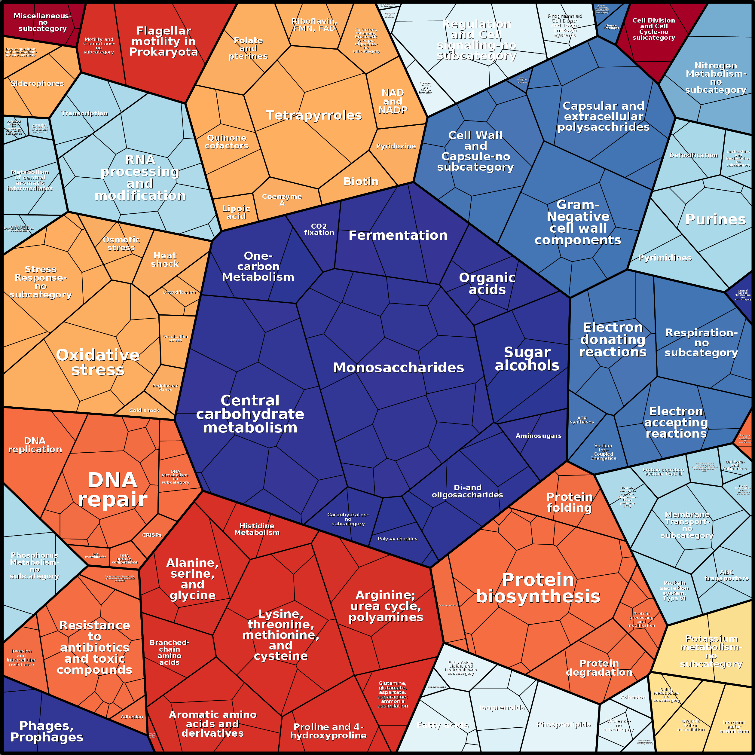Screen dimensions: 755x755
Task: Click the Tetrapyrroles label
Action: (313, 115)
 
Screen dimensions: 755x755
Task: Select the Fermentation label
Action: (398, 235)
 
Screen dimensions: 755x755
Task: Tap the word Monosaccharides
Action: (398, 367)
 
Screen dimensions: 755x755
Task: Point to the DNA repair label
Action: (112, 490)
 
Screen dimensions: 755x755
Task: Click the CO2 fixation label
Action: (319, 229)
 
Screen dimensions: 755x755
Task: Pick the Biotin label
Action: (361, 181)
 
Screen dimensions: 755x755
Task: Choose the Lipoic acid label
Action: (236, 212)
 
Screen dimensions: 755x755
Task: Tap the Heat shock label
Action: (165, 259)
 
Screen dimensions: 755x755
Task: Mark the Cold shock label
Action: (144, 410)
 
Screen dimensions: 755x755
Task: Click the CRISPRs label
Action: (151, 535)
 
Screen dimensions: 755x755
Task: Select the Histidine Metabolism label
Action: (257, 529)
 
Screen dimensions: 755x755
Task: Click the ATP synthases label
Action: (582, 420)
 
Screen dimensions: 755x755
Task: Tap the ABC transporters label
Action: (726, 575)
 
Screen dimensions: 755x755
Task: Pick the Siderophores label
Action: (37, 83)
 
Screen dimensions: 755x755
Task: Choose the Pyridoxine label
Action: (396, 146)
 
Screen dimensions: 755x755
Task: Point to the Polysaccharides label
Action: (397, 539)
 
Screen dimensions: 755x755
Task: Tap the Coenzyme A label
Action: (282, 200)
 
